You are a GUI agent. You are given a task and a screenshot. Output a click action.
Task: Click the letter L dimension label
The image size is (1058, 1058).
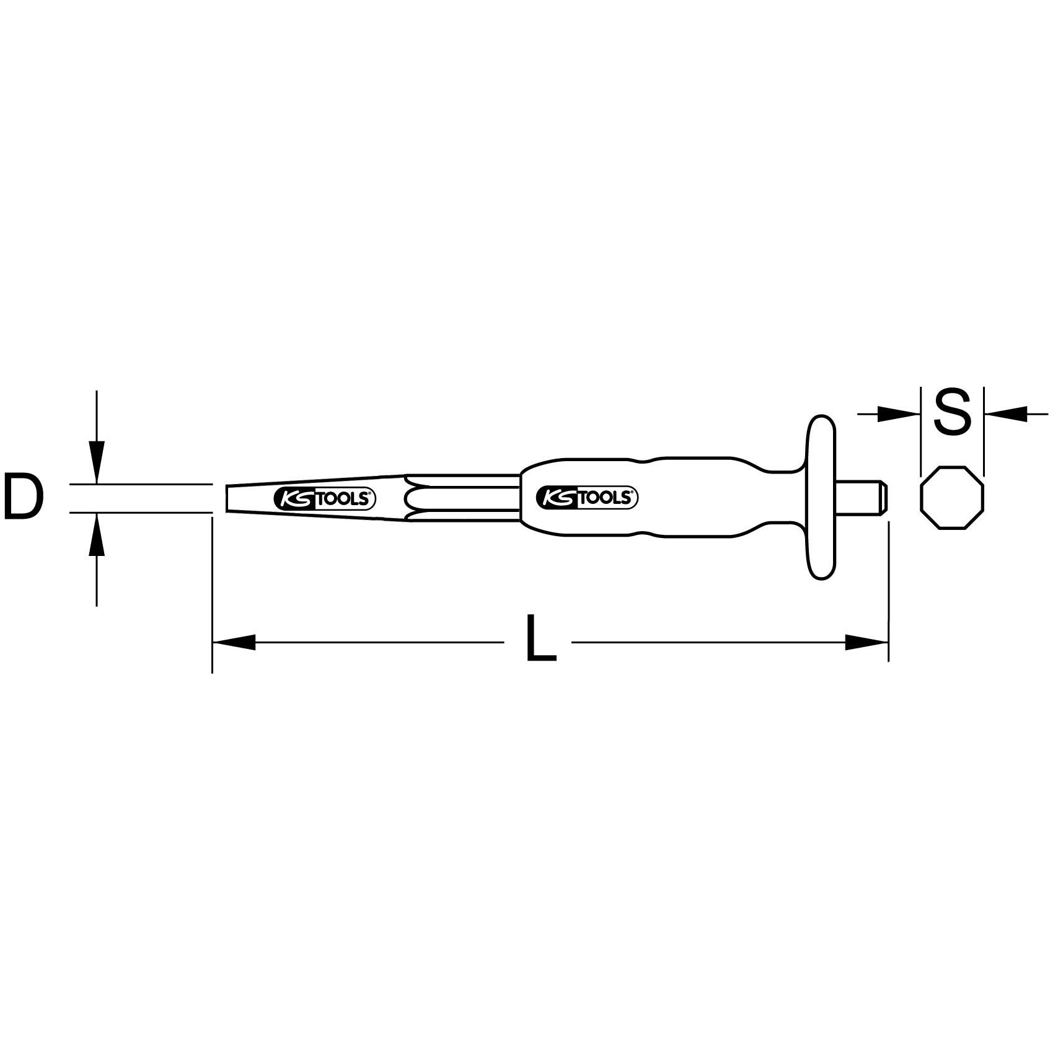coord(541,638)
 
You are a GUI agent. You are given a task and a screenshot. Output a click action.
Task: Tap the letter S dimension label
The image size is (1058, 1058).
coord(951,411)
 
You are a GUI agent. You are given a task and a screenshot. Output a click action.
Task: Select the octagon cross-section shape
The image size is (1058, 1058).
coord(952,497)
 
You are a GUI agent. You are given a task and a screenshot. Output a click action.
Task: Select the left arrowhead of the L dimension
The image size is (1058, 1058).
coord(234,642)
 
